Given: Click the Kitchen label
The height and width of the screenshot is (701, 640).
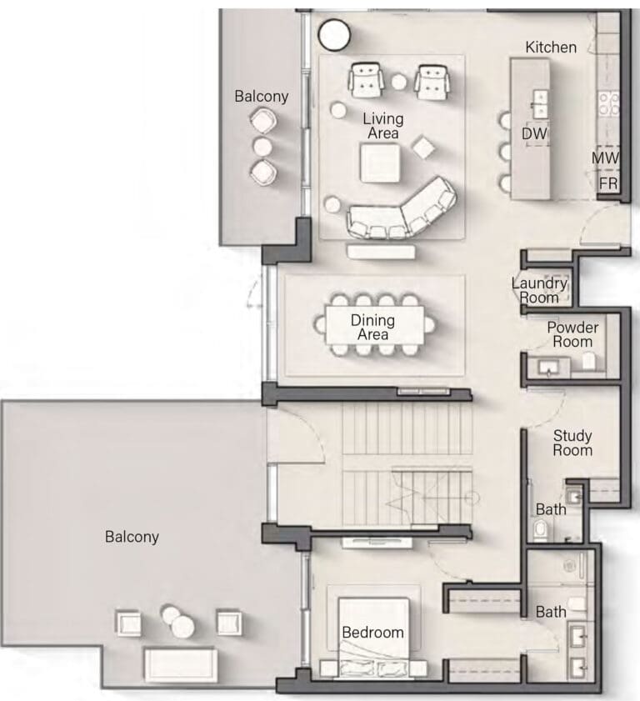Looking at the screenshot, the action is pyautogui.click(x=551, y=47).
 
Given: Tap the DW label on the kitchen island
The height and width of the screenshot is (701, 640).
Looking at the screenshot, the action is pyautogui.click(x=534, y=133).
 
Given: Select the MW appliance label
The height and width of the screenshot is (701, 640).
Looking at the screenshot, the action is pyautogui.click(x=606, y=158).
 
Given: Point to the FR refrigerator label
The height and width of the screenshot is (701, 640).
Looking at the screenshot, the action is pyautogui.click(x=607, y=183).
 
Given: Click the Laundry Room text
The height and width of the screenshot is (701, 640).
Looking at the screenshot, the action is pyautogui.click(x=539, y=290).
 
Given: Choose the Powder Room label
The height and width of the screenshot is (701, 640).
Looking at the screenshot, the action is pyautogui.click(x=572, y=334).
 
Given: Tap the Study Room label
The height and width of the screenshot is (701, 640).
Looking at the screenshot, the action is pyautogui.click(x=572, y=443).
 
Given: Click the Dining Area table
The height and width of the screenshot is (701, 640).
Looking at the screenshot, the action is pyautogui.click(x=374, y=325).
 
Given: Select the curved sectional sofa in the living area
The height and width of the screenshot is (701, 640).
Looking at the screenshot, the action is pyautogui.click(x=402, y=209).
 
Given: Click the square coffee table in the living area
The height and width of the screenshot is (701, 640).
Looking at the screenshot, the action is pyautogui.click(x=380, y=163).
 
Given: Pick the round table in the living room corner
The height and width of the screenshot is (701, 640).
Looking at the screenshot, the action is pyautogui.click(x=334, y=34).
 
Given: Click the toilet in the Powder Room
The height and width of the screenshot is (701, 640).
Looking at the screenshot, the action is pyautogui.click(x=588, y=360).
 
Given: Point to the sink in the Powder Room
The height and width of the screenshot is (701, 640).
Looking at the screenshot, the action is pyautogui.click(x=548, y=368).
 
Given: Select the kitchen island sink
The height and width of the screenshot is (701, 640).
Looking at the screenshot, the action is pyautogui.click(x=540, y=103).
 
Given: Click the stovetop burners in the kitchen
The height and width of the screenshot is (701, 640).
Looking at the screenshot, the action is pyautogui.click(x=608, y=103).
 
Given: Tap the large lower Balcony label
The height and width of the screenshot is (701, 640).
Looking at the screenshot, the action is pyautogui.click(x=132, y=537).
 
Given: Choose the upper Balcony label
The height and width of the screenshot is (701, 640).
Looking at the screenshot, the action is pyautogui.click(x=262, y=96).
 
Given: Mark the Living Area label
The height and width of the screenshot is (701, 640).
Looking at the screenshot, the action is pyautogui.click(x=383, y=126).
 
